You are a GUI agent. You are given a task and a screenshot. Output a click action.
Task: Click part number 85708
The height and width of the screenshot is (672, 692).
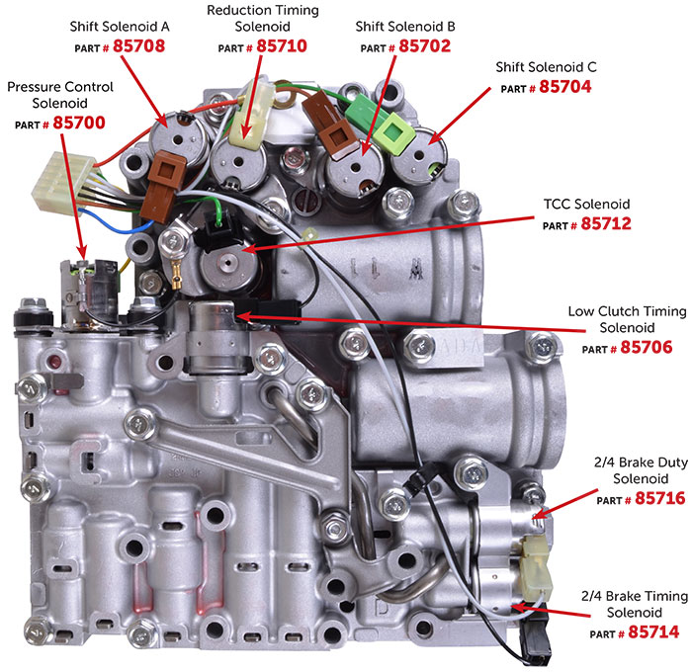pos(138,45)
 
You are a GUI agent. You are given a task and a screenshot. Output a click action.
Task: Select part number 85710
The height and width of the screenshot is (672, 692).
pos(282,45)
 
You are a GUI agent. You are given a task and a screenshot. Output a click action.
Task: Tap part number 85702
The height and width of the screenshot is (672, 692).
pos(424,45)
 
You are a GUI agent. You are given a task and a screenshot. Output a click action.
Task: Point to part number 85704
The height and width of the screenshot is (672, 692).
pos(564,87)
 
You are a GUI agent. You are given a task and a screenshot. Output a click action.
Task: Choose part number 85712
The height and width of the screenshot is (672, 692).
pos(606,223)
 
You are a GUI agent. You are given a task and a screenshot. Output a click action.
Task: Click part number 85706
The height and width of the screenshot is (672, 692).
pos(647,347)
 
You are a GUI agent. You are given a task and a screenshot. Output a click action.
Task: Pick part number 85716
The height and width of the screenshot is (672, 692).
pos(659,499)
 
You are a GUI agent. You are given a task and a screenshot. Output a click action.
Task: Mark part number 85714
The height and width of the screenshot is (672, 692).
pos(653,631)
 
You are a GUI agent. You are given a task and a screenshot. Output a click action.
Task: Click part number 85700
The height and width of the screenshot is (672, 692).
pos(79,123)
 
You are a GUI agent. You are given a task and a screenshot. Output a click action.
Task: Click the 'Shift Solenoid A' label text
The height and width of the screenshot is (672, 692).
pos(120,27)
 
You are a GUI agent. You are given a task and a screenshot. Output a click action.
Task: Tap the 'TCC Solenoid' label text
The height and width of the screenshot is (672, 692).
pos(586,204)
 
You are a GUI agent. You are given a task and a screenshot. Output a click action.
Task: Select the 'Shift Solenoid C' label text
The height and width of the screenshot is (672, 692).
pos(546,67)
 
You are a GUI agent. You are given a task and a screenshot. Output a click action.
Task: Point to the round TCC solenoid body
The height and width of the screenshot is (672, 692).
pos(228,266)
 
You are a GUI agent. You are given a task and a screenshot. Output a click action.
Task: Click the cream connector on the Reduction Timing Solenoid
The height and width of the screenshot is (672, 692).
pos(250,114)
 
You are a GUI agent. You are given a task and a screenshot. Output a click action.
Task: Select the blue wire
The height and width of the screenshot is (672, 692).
pos(114,223)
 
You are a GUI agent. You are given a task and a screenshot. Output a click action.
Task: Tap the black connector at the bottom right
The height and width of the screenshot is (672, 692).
pos(537,635)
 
